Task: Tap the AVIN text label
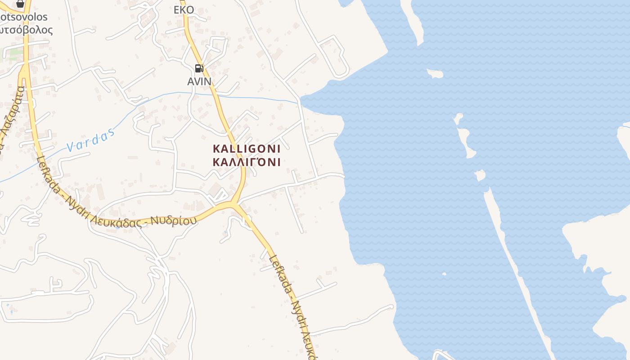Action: (199, 81)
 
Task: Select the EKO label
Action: (184, 10)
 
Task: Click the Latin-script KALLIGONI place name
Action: (247, 148)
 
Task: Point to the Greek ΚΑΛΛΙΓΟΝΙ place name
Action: (247, 162)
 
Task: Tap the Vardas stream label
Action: (90, 141)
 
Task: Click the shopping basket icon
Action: (20, 4)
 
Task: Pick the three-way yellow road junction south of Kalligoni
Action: (233, 205)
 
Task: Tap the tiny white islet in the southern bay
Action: (444, 274)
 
